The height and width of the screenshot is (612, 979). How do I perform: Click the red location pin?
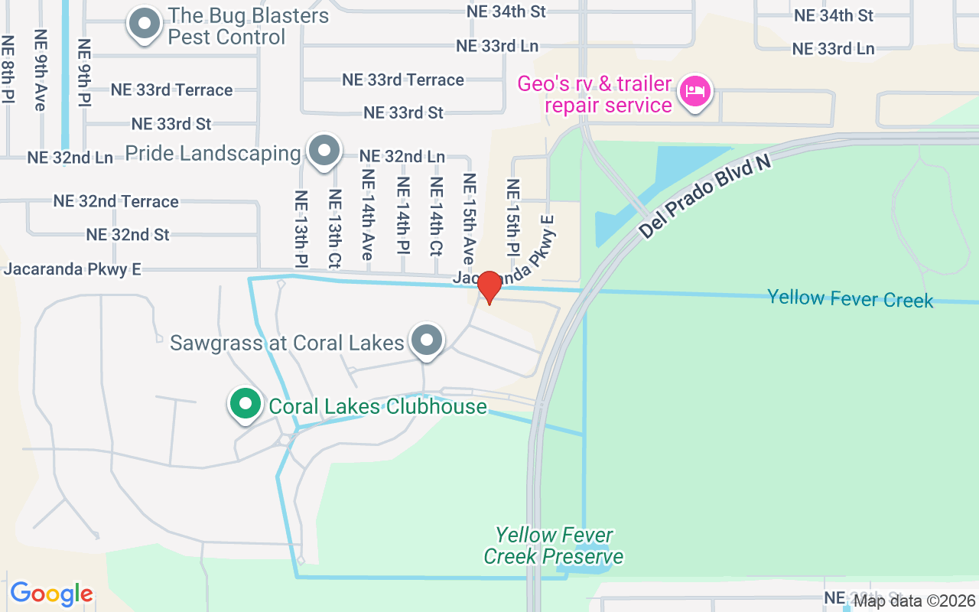coord(489,287)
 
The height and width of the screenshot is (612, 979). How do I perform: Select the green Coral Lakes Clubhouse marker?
coord(245,404)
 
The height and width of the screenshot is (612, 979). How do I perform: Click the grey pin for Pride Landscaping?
coord(324,150)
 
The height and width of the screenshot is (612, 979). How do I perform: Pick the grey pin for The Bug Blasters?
coord(144,23)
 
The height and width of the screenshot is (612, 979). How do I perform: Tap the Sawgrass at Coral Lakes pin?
coord(426,340)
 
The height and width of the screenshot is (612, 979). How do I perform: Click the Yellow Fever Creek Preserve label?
coord(554,545)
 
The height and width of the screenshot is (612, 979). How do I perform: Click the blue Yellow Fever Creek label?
coord(850,298)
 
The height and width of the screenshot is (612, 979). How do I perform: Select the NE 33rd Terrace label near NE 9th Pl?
coord(171,90)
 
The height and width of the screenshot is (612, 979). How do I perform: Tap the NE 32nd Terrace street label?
coord(115,201)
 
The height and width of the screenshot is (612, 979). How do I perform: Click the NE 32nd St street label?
coord(128,234)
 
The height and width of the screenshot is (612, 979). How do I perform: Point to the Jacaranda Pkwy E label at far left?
coord(73,269)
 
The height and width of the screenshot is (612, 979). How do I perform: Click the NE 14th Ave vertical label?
coord(368,214)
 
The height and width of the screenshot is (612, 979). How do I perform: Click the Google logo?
coord(51,594)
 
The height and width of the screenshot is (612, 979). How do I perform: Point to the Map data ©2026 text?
coord(915,601)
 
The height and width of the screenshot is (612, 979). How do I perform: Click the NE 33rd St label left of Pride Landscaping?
coord(171,123)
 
